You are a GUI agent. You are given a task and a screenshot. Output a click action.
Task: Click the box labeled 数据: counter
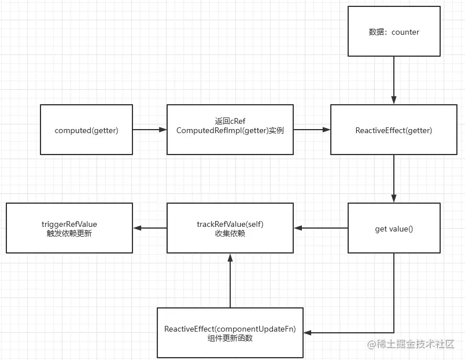393,32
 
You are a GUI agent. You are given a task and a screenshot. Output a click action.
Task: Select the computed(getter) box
86,130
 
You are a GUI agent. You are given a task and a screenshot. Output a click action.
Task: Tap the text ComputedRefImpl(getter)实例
230,131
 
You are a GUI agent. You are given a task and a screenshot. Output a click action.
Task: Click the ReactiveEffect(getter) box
393,130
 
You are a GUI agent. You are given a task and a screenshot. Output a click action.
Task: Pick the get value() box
393,229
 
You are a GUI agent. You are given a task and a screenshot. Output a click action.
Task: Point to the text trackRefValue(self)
230,223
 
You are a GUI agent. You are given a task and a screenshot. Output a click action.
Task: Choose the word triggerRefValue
69,223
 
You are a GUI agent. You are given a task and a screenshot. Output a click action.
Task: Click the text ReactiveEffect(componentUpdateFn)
230,329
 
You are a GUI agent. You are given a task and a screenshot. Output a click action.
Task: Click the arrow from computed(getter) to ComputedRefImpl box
150,130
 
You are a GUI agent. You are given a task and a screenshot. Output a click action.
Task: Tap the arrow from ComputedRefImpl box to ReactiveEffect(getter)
312,130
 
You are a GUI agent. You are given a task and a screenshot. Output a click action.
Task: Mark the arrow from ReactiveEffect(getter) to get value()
394,178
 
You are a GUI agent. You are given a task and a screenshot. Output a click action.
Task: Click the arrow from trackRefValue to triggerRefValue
150,228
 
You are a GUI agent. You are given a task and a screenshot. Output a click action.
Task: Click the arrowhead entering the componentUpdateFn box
308,333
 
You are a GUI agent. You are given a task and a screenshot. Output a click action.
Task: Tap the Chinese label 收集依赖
230,234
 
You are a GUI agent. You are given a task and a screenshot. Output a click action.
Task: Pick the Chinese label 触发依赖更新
69,234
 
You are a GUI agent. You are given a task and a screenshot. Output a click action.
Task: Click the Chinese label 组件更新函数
230,339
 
